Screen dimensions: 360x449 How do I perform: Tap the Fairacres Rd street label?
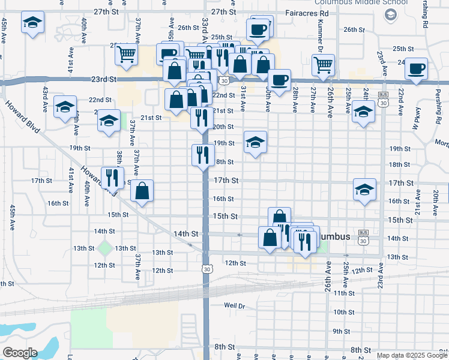point(307,12)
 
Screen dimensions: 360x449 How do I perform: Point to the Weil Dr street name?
point(235,305)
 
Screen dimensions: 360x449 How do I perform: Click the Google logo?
point(20,352)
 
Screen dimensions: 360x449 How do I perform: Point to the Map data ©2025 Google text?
point(412,355)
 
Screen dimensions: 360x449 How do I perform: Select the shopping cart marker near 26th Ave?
point(323,65)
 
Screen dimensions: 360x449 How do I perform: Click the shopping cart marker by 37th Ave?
point(127,55)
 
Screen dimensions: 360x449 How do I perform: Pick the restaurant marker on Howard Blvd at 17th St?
point(112,177)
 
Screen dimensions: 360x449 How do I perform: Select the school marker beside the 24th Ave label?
point(363,112)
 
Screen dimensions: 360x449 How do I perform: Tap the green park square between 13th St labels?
point(105,248)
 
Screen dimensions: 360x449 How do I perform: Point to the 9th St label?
point(341,331)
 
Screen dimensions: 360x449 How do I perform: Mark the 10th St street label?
point(343,312)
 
